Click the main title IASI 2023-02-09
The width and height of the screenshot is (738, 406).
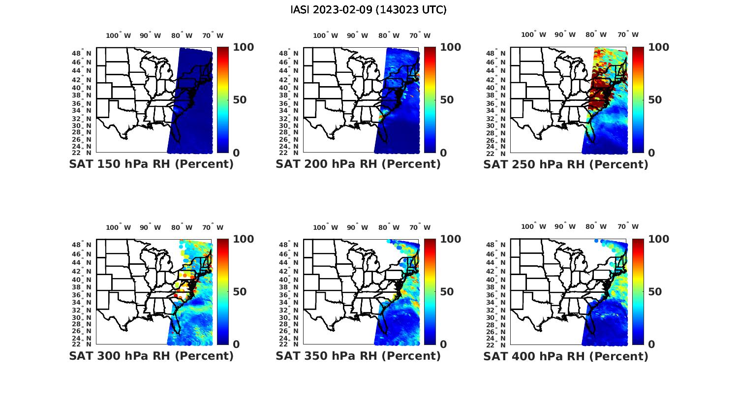[x=369, y=10]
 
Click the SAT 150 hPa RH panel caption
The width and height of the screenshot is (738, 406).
[x=151, y=164]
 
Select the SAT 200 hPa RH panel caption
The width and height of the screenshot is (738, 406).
[x=358, y=164]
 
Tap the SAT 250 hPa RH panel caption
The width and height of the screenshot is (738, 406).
[x=566, y=164]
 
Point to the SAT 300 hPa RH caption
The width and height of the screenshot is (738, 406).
[x=151, y=355]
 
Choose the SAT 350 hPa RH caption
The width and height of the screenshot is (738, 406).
[x=358, y=355]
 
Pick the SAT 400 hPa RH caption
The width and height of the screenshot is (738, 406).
[x=566, y=355]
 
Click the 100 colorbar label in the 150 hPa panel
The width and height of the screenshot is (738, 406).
[x=243, y=47]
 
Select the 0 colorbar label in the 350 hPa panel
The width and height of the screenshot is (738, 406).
[x=443, y=344]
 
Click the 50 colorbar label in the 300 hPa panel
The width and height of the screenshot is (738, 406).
[x=239, y=291]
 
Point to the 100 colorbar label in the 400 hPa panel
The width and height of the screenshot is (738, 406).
[x=659, y=239]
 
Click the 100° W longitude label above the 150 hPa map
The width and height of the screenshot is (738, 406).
[x=119, y=35]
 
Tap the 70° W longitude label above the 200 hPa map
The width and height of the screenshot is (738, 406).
[x=420, y=35]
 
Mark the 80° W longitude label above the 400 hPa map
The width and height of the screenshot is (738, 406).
[x=596, y=226]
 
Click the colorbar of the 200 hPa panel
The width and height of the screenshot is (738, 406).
[x=430, y=100]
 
